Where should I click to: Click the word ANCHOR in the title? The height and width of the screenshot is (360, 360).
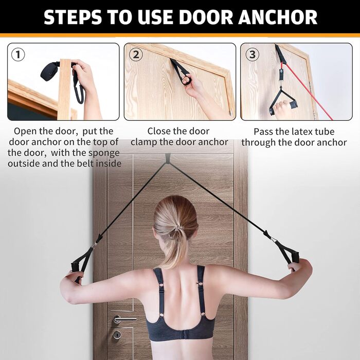tap(278, 17)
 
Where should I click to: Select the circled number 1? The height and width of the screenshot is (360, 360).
tap(18, 55)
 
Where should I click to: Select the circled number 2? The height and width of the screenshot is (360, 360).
tap(136, 55)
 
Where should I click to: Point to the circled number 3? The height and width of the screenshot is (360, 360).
tap(253, 55)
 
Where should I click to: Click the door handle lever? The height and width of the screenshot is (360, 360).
tap(124, 319)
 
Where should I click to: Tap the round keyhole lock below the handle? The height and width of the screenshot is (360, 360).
tap(117, 335)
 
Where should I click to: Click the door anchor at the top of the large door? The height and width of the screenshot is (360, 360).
tap(168, 158)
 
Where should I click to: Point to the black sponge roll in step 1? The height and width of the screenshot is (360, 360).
tap(49, 71)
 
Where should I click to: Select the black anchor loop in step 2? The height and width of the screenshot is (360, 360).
tap(182, 71)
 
